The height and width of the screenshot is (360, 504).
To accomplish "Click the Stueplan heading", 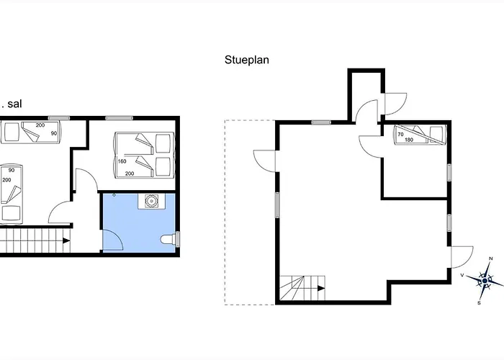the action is (x=246, y=60).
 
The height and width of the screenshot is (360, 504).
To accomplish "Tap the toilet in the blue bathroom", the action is (x=168, y=240).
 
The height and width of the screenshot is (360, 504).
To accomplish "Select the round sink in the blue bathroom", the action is (x=151, y=201).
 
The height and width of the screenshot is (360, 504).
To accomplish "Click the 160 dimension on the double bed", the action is (x=122, y=161).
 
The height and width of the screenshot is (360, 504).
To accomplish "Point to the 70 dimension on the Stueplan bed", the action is (x=400, y=135).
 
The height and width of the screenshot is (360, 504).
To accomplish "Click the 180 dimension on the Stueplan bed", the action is (x=409, y=140).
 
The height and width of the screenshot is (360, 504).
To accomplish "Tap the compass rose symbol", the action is (x=485, y=280).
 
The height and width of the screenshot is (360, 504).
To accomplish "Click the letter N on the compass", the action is (x=491, y=258).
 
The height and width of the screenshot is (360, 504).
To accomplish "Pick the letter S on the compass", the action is (x=480, y=303).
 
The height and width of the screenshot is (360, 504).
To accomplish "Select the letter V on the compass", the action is (x=462, y=275).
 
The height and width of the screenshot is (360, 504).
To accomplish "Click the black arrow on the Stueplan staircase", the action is (x=321, y=288).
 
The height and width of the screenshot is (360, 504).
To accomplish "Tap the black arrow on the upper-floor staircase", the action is (x=66, y=240).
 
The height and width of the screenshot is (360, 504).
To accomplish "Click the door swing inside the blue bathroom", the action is (x=113, y=240).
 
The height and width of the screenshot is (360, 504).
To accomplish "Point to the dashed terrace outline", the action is (x=250, y=212).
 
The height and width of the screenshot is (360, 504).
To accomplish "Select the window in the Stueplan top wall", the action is (x=321, y=122).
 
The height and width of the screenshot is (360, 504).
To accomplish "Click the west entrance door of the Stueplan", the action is (x=265, y=161).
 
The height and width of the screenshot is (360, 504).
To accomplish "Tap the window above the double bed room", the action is (x=120, y=118).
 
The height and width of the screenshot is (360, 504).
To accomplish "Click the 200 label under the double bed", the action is (x=130, y=174).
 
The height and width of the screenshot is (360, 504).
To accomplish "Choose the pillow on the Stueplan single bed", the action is (x=436, y=135).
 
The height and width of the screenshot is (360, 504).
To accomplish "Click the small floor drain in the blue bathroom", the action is (x=114, y=195).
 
